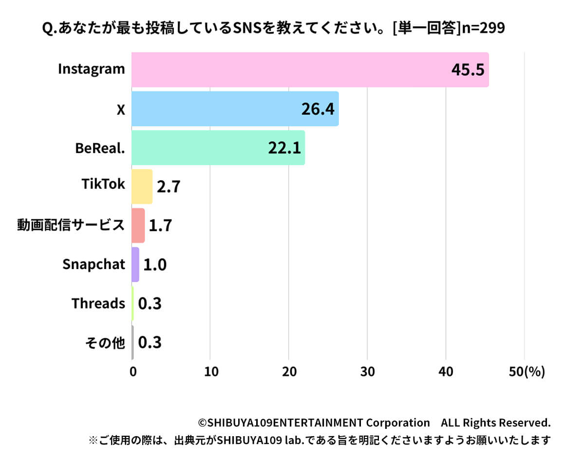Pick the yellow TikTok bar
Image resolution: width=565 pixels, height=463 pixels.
pos(142,187)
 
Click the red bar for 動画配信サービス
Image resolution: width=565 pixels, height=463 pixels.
pos(138,226)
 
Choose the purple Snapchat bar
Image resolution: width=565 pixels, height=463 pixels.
pos(135,265)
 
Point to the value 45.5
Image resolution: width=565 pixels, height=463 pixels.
pos(468,70)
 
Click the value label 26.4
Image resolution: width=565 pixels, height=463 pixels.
pos(318,109)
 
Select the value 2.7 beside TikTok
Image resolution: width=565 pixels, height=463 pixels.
pos(169,187)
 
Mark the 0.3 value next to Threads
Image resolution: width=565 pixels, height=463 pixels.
pos(150,304)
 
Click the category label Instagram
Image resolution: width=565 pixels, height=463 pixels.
pos(92,69)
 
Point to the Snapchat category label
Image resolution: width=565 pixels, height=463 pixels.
pos(94,264)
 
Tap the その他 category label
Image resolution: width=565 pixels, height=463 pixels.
pos(105,343)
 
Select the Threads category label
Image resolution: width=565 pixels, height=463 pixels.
pos(98,303)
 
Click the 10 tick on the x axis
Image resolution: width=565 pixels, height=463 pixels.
pos(210,371)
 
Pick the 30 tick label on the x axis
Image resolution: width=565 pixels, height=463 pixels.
pos(367,371)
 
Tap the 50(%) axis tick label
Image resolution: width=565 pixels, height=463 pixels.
pos(526,371)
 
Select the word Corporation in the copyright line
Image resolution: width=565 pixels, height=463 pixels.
pos(397,422)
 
